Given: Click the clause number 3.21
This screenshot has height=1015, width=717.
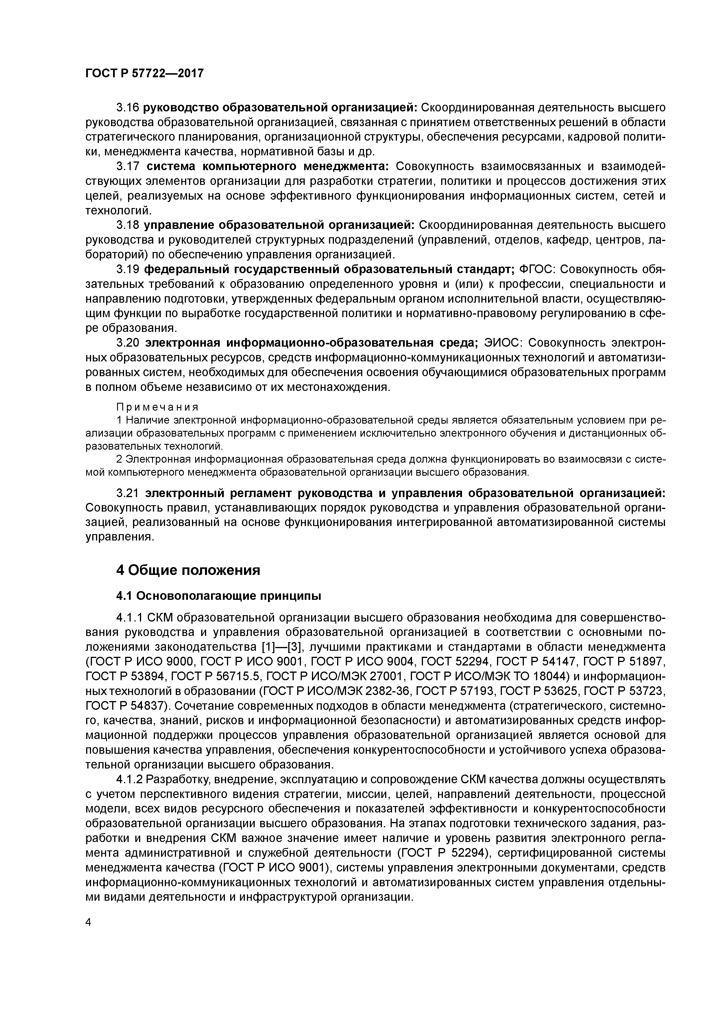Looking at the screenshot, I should point(128,493).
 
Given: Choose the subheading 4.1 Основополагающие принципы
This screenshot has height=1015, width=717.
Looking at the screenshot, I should point(218,596).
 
